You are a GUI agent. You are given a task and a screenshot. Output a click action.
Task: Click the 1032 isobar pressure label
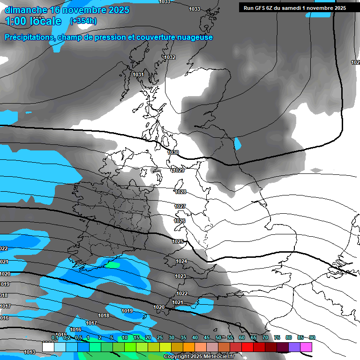pos(170,57)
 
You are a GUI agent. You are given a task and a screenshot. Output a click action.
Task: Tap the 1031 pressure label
pos(138,75)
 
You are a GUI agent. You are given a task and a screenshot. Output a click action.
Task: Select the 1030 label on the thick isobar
pos(173,152)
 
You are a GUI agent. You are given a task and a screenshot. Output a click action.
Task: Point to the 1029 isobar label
pos(178,170)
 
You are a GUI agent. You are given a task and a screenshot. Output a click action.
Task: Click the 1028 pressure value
pos(180,192)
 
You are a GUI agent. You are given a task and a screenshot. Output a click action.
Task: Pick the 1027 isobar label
pos(180,206)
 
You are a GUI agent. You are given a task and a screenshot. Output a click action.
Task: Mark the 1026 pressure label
pos(180,221)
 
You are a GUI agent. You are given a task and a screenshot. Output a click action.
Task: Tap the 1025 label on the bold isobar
pos(178,241)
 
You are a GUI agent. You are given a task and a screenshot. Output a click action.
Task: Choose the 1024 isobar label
pos(181,261)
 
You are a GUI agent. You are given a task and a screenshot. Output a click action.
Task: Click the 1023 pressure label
pos(180,276)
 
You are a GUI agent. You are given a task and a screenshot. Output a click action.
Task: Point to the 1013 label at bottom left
pos(30,352)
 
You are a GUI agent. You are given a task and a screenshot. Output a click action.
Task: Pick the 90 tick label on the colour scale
pos(312,337)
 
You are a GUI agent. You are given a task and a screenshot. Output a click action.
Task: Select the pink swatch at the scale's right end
pos(306,347)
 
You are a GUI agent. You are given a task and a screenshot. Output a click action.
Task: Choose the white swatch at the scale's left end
pos(48,347)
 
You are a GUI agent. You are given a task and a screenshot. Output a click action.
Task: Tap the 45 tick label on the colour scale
pos(207,337)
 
